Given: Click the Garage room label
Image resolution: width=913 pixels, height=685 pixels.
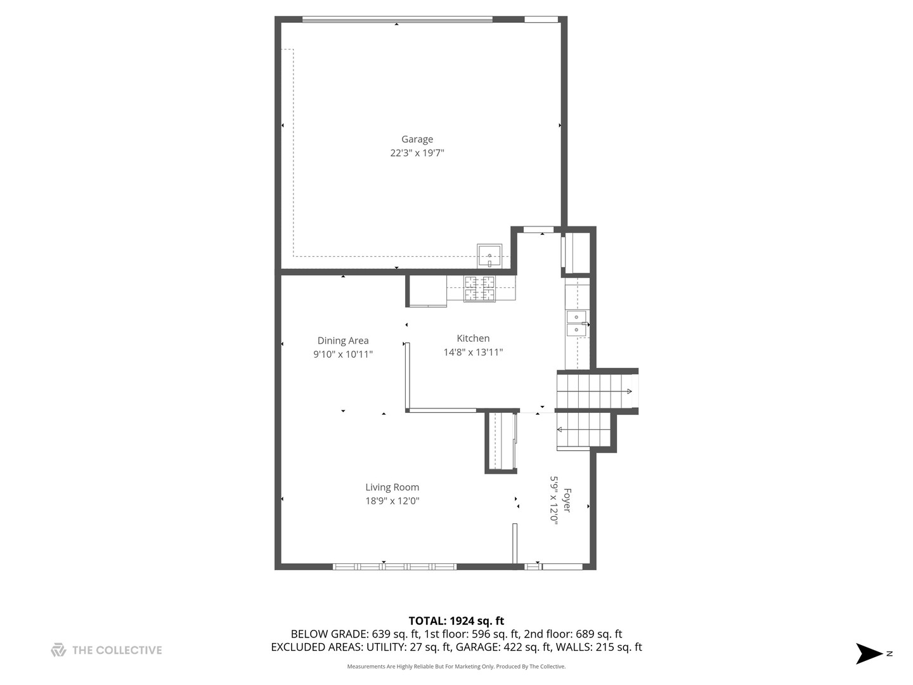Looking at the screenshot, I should [417, 140].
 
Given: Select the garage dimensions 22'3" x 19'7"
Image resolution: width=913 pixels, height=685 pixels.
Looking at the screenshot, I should [417, 153].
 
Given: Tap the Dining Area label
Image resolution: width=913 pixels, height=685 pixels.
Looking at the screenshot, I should [342, 341].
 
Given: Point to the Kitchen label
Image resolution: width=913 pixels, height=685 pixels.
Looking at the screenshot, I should [473, 339].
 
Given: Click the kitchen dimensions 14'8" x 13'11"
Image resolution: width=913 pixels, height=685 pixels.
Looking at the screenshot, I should [473, 352].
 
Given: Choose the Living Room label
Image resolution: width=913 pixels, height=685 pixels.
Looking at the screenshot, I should [392, 487].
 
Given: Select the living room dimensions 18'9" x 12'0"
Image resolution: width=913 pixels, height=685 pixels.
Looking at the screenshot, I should [392, 501].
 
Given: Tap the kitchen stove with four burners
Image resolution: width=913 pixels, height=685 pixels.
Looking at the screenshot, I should [479, 289].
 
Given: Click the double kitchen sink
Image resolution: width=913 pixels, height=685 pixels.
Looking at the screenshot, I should [576, 323].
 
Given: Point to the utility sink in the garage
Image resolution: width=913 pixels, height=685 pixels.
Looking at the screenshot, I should [489, 256].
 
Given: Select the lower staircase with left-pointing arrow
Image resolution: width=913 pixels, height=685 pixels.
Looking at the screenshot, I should [583, 430].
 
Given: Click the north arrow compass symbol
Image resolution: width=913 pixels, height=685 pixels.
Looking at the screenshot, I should [870, 653].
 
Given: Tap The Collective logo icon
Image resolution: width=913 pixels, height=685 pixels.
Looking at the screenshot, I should [58, 650].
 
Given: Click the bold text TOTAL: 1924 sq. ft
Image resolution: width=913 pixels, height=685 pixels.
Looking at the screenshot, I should [456, 621].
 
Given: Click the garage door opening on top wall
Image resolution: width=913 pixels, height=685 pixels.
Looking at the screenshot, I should [397, 20].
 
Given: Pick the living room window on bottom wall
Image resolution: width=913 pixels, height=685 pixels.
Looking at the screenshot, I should [394, 566].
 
